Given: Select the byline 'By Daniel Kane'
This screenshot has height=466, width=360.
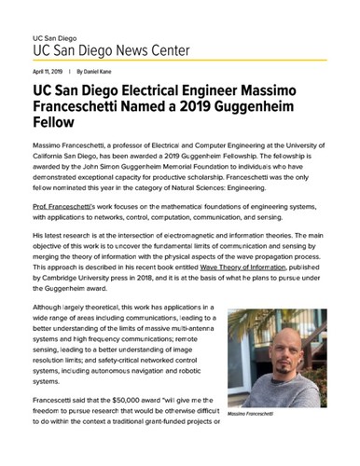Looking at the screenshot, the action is [92, 72].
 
